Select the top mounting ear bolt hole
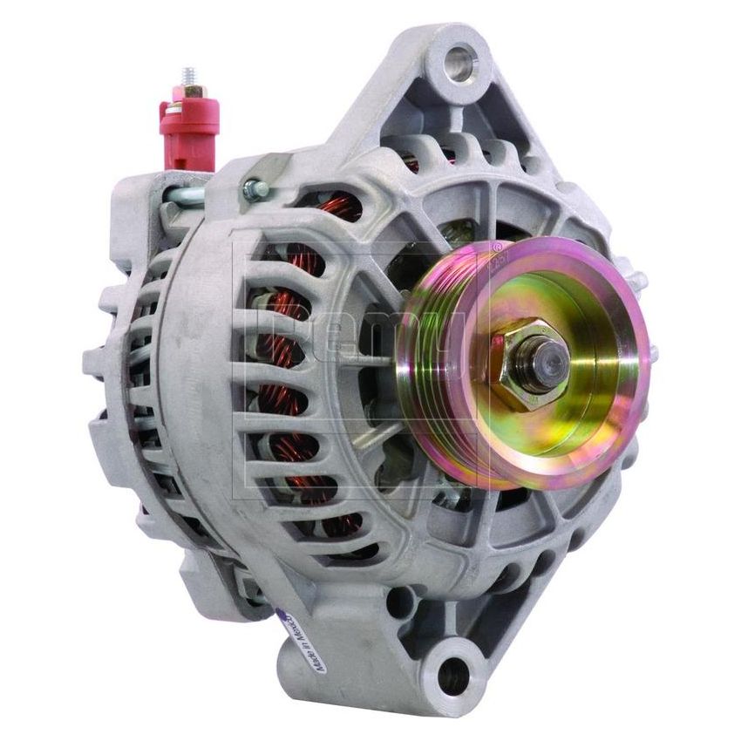(460, 64)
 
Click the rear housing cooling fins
(131, 366)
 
